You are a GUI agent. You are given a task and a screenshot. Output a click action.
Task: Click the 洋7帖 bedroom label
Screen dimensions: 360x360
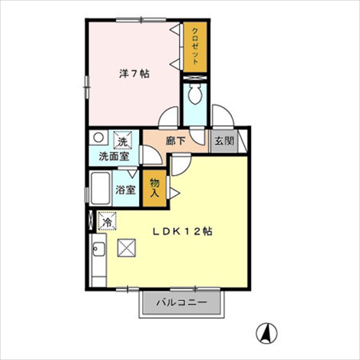click(x=134, y=74)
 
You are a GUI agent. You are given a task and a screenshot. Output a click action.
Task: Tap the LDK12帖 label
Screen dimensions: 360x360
click(x=182, y=231)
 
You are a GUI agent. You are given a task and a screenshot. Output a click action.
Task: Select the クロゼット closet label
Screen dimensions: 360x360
click(x=195, y=46)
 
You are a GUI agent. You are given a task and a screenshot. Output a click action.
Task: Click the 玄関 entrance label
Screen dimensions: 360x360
click(x=224, y=141)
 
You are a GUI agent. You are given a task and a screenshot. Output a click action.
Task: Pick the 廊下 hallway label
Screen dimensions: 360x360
click(x=175, y=141)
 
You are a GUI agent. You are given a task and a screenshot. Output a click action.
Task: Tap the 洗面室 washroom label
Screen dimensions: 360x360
click(x=114, y=156)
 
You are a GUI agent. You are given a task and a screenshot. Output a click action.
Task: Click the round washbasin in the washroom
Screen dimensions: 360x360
click(x=98, y=137)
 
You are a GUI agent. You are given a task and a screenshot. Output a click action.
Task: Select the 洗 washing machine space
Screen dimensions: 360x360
click(x=123, y=139)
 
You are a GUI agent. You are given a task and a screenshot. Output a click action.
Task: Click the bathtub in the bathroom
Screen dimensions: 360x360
click(x=100, y=188)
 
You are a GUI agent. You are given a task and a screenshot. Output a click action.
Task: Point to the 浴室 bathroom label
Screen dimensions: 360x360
click(x=125, y=190)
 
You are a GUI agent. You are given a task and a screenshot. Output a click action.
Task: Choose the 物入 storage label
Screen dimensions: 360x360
click(x=155, y=188)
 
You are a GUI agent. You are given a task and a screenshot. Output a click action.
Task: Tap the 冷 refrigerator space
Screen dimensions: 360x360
click(x=107, y=221)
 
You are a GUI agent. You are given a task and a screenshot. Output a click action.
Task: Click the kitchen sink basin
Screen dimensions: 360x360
click(x=99, y=249)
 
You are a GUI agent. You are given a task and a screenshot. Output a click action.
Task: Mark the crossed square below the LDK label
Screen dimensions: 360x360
click(x=127, y=247)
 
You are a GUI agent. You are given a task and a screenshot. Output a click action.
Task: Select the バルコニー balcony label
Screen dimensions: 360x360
click(x=182, y=303)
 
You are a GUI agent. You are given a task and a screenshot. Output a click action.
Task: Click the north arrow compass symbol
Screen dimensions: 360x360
click(x=267, y=333)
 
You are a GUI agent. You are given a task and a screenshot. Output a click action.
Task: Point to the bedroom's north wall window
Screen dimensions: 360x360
click(x=141, y=20)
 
